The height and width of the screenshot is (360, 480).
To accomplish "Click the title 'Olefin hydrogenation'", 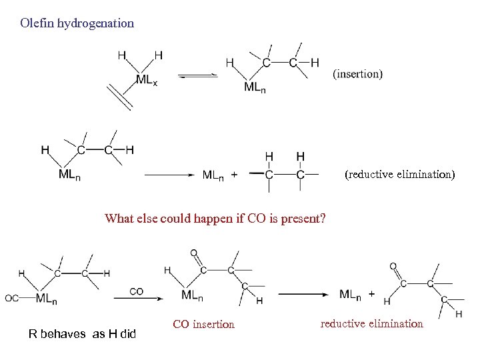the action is [77, 23].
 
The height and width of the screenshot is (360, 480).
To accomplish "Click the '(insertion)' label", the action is [357, 74].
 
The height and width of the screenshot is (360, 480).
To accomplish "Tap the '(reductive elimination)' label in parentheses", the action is [399, 175].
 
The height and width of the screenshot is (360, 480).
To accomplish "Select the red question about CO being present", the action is [215, 218].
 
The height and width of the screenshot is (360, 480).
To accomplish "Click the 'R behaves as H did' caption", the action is [82, 333].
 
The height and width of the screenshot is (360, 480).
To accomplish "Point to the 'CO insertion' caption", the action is [203, 325].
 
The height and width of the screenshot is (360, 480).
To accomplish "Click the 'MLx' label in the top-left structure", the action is [147, 80].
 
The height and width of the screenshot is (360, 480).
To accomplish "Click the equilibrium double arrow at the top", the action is [198, 75].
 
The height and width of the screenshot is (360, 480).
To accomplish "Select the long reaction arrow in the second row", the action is [169, 175].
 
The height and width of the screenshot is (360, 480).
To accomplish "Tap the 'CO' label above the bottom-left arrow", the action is [136, 291].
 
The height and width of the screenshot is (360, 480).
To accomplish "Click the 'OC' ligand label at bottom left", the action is [12, 298].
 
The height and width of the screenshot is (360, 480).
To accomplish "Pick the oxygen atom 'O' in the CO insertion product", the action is [193, 253].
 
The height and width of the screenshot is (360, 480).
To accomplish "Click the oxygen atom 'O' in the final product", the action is [393, 266].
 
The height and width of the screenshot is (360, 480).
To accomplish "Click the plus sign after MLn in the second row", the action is [233, 175].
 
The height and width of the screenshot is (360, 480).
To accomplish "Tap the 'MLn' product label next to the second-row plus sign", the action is [213, 175].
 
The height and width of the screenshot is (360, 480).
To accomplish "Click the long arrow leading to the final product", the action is [304, 294].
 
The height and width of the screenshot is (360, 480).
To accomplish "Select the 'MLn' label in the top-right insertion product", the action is [254, 87].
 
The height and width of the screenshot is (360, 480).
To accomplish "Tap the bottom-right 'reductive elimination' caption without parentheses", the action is [371, 323].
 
